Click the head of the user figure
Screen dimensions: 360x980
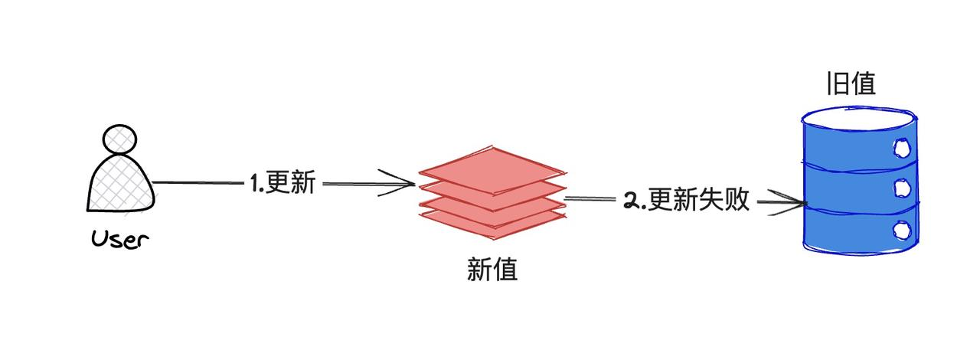(119, 140)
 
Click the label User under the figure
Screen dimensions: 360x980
(119, 240)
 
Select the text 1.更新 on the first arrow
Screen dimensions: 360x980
(282, 184)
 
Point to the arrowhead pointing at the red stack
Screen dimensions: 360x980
(406, 184)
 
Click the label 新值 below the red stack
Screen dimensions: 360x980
(492, 270)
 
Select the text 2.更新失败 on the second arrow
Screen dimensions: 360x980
(686, 201)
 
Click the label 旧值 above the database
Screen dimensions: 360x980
(851, 83)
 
